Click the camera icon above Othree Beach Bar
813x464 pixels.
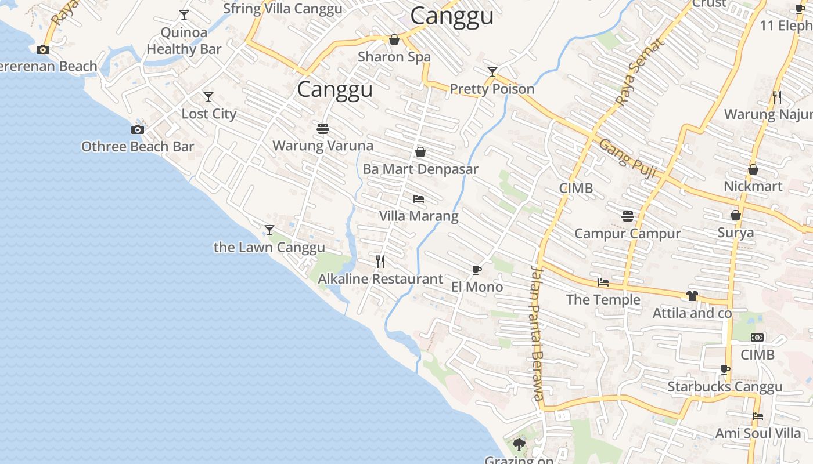tap(138, 129)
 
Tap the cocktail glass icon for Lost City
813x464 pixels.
tap(208, 97)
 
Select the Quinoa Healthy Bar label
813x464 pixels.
tap(184, 41)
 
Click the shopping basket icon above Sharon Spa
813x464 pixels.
tap(394, 39)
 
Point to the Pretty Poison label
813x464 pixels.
tap(492, 89)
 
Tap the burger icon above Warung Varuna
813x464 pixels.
tap(323, 128)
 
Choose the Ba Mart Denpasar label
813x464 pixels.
tap(420, 169)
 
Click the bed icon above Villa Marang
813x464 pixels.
tap(419, 199)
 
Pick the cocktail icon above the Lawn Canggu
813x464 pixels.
tap(269, 230)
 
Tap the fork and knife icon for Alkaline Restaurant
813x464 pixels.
tap(380, 262)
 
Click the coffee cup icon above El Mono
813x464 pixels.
tap(476, 270)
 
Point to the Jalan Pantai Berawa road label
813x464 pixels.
tap(537, 333)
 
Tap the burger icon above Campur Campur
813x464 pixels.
tap(627, 216)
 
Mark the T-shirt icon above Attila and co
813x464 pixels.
tap(692, 296)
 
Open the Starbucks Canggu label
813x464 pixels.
tap(725, 387)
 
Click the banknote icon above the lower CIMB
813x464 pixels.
tap(757, 338)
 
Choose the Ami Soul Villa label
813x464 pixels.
tap(758, 433)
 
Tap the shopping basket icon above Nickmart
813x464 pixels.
tap(753, 169)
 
